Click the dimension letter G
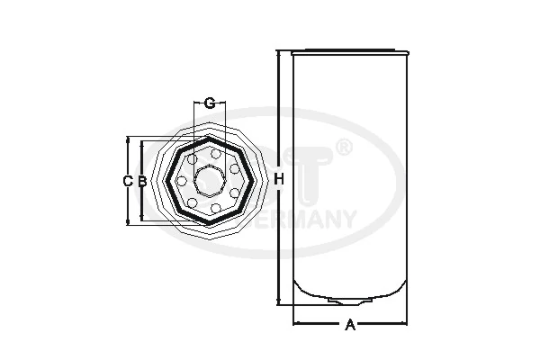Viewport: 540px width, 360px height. (x=209, y=103)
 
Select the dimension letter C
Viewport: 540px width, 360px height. (x=128, y=181)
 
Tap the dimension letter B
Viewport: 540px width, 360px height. (x=141, y=181)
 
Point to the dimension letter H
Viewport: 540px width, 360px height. (x=280, y=181)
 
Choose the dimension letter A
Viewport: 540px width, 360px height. (x=349, y=325)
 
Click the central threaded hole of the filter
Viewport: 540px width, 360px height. (x=209, y=181)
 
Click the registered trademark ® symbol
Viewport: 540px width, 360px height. (x=343, y=147)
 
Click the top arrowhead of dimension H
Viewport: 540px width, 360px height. (x=280, y=54)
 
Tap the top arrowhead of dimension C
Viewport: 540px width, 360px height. (x=128, y=140)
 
